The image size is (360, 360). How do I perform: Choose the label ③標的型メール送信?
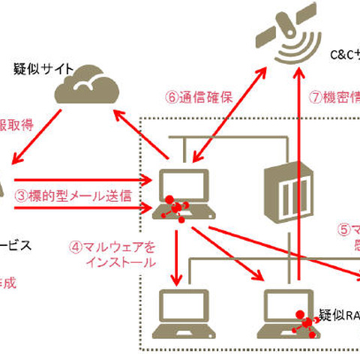[x=73, y=196]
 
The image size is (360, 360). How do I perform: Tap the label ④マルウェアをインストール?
[x=112, y=254]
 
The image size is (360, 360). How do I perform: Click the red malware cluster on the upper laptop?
[x=176, y=206]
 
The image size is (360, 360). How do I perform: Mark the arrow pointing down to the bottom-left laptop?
[x=177, y=255]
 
